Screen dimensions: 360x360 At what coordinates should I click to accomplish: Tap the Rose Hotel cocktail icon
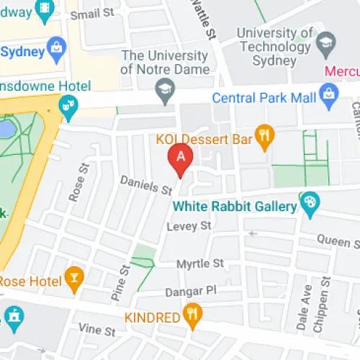(73, 277)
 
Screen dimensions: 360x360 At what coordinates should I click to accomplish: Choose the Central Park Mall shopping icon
(330, 93)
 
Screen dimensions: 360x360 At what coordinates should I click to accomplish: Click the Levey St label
(188, 226)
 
